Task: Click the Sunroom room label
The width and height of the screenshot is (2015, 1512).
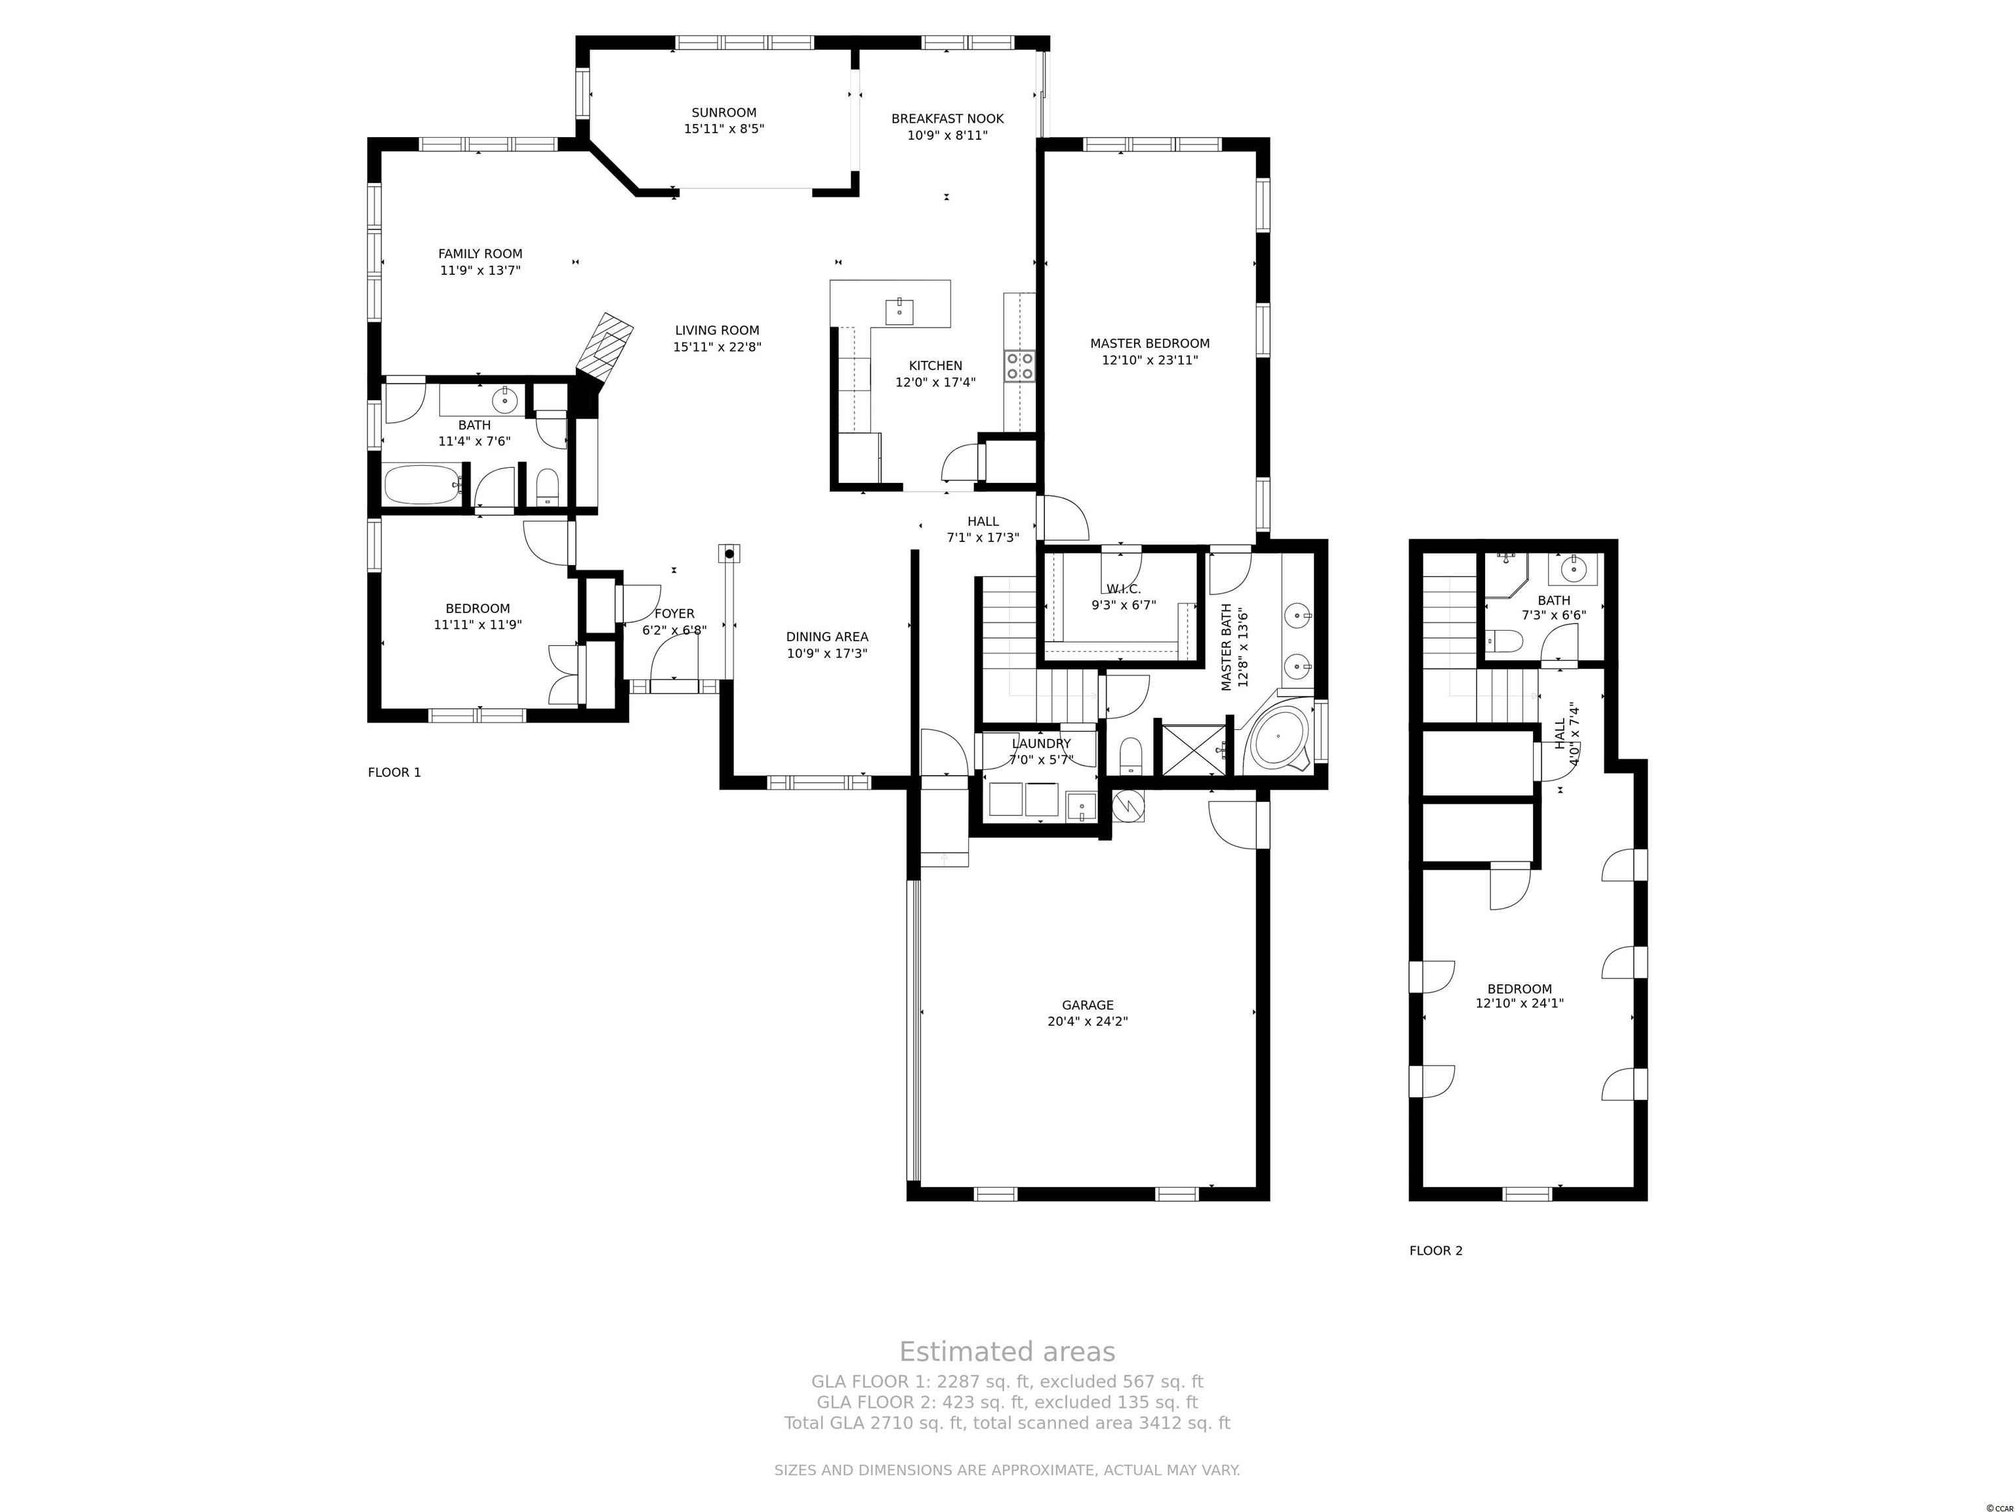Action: (723, 113)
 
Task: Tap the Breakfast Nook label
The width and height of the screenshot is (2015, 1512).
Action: (947, 119)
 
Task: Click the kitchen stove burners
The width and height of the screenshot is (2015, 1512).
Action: (1020, 366)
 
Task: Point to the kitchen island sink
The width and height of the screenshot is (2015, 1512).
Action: (900, 311)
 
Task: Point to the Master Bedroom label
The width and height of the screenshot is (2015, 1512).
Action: (1150, 344)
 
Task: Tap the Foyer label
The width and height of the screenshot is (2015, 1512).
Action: (674, 614)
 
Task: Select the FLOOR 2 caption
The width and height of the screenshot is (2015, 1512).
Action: (1436, 1250)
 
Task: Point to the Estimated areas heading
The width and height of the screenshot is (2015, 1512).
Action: (1007, 1352)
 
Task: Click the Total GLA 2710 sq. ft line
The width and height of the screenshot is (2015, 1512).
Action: (1007, 1423)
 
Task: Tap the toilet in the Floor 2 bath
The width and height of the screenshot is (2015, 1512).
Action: (1502, 642)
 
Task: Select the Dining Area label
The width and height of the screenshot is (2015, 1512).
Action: (827, 637)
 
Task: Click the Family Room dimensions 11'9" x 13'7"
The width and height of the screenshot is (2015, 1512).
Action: (480, 270)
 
